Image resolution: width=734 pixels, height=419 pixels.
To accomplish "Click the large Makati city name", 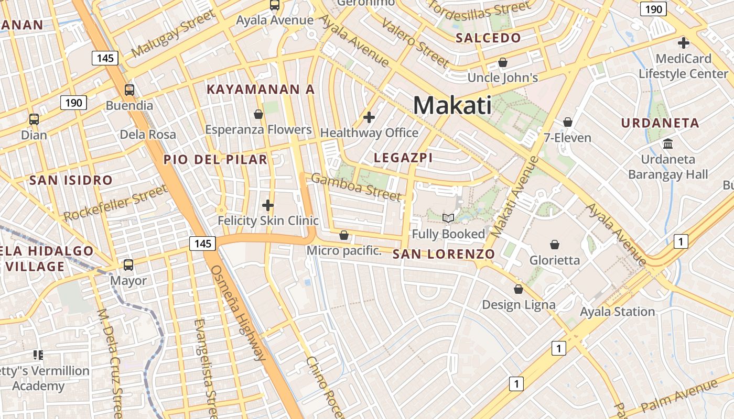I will click(452, 106).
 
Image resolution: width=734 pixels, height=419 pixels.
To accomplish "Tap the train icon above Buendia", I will click(129, 90).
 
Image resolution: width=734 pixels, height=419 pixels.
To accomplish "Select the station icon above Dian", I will click(34, 119).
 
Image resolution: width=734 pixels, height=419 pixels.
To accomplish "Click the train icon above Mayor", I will click(128, 265).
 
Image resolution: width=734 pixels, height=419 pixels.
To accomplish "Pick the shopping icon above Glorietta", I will click(555, 245).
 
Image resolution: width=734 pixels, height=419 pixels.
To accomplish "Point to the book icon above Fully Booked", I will click(448, 218).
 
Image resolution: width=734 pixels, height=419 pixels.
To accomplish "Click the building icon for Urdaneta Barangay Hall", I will click(668, 144).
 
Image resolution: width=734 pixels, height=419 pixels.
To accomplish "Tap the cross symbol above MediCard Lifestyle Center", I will click(684, 43).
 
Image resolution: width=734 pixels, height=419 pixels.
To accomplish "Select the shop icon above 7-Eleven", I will click(567, 122).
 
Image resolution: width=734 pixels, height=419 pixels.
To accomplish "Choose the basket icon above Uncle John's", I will click(503, 62).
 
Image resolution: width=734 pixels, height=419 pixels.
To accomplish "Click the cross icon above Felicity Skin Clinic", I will click(268, 205).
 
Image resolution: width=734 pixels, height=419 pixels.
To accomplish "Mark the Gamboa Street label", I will click(357, 186).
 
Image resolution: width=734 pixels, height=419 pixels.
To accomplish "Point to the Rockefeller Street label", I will click(115, 203).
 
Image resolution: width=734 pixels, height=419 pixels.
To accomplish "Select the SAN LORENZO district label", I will click(444, 255).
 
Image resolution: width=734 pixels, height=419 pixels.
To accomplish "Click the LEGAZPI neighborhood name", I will click(403, 158).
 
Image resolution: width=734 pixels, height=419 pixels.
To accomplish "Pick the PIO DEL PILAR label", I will click(215, 160).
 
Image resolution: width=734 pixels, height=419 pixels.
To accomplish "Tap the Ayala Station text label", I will click(617, 312).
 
